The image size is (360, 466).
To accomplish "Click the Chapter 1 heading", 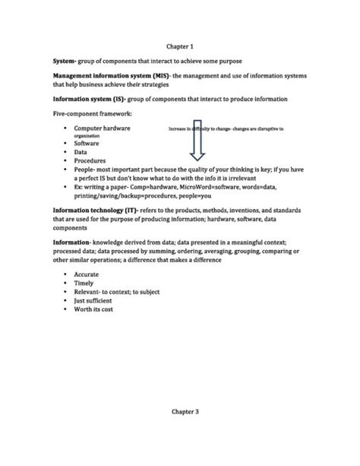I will (180, 46).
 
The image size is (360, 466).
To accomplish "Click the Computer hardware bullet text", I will (102, 128).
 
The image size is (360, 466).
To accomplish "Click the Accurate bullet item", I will (87, 273).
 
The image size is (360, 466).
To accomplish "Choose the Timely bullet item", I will (85, 282).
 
